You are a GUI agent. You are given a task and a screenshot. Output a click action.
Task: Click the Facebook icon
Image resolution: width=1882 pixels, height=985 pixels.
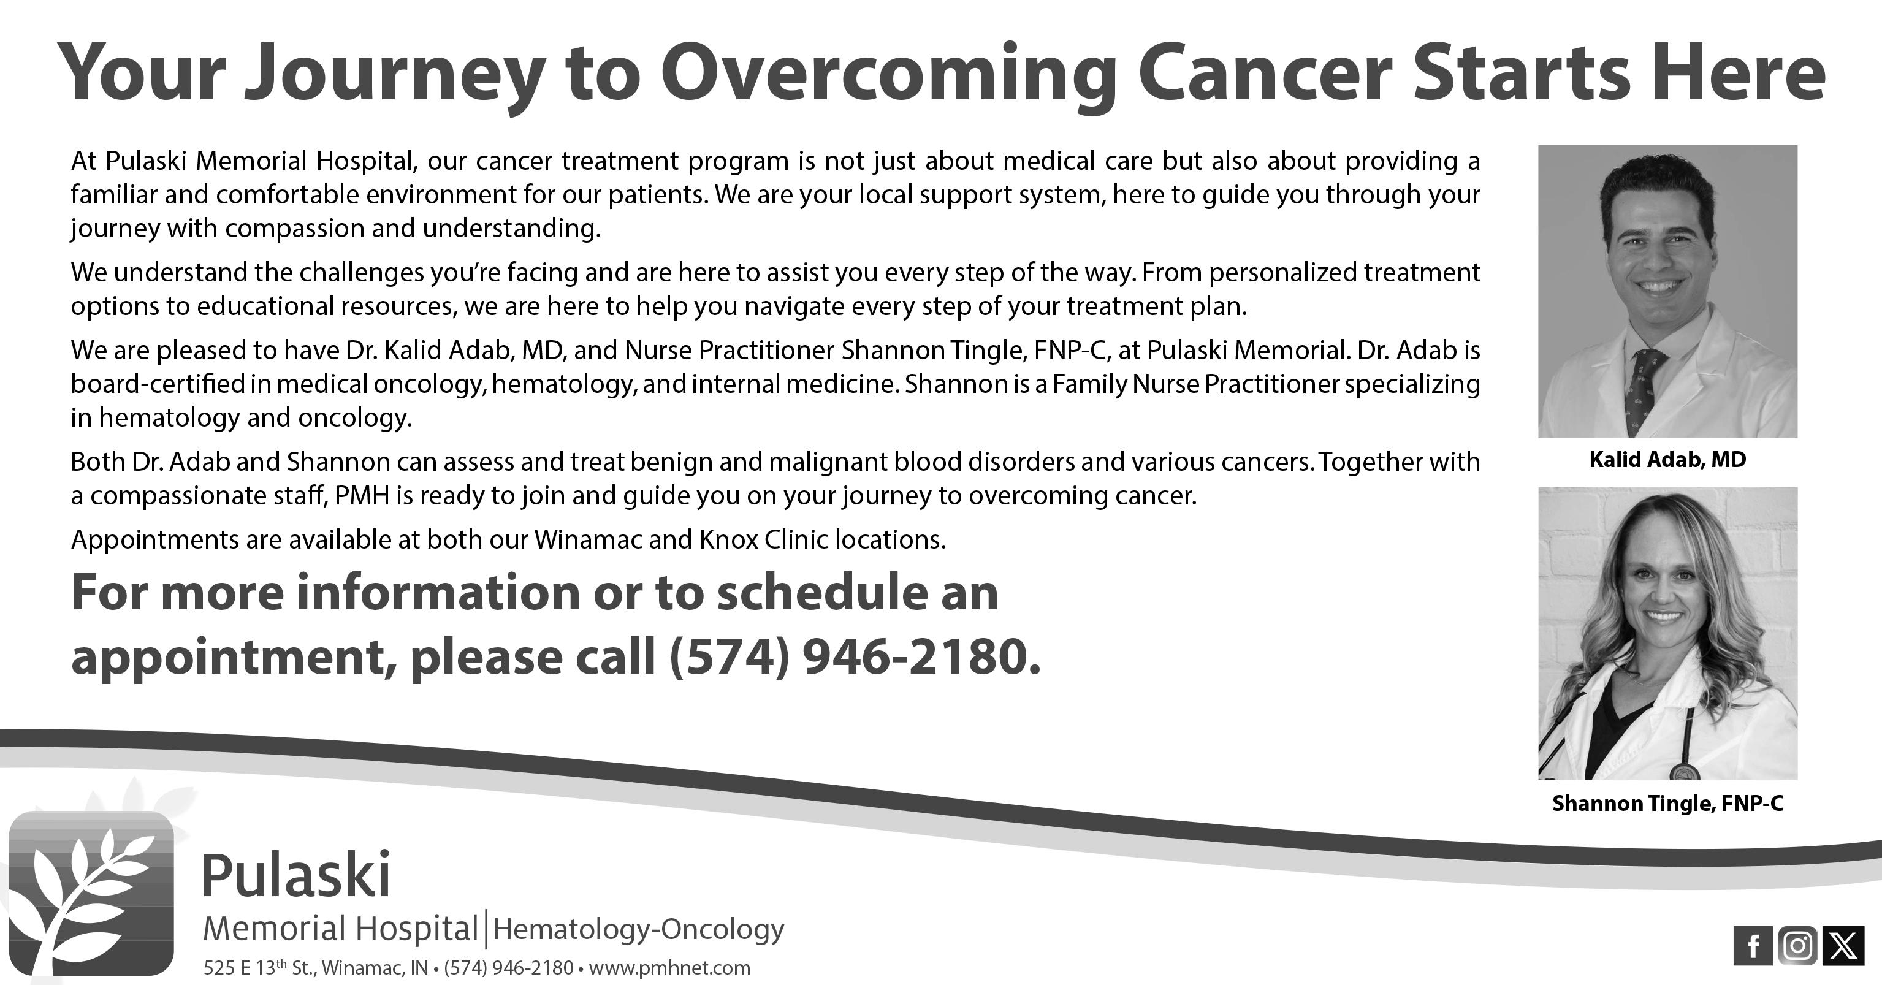pos(1753,946)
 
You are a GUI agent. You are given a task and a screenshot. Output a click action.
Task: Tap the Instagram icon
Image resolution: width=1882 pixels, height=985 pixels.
pos(1798,946)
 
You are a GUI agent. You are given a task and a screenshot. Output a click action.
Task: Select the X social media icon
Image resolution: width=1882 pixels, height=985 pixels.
pos(1843,946)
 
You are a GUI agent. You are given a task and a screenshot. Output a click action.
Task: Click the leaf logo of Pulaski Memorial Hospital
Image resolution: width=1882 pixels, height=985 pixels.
pos(91,894)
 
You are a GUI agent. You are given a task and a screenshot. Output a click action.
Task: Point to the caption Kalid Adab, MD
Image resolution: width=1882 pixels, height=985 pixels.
pos(1667,460)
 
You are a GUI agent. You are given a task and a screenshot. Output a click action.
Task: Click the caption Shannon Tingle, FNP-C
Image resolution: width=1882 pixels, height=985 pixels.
pos(1668,804)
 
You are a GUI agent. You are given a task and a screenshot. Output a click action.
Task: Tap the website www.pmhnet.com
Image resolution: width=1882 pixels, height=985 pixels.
pos(669,968)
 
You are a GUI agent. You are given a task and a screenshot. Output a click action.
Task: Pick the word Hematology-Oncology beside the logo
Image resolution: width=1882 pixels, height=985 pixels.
pos(639,929)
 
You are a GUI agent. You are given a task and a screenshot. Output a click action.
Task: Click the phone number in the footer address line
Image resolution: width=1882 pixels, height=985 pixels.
pos(508,968)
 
